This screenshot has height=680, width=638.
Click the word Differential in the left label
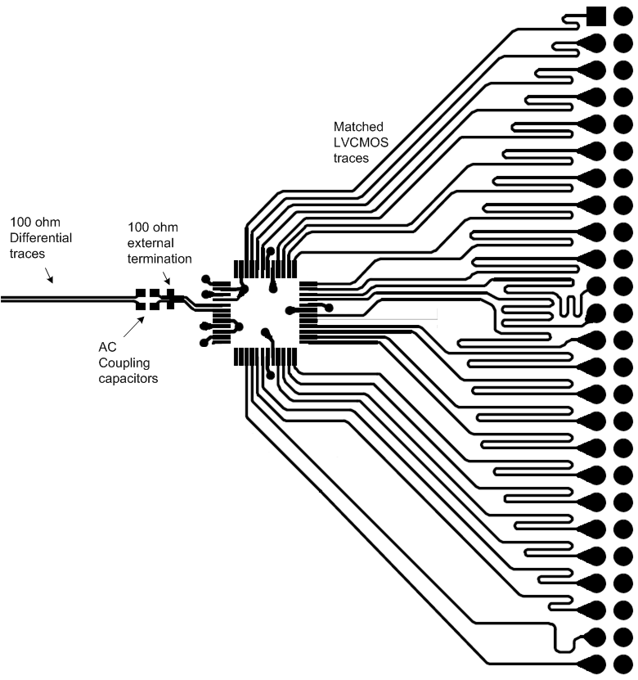click(x=41, y=237)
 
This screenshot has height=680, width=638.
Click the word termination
click(x=159, y=258)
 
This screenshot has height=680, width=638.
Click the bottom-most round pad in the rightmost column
click(x=622, y=664)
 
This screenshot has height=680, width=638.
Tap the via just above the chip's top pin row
click(x=271, y=251)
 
